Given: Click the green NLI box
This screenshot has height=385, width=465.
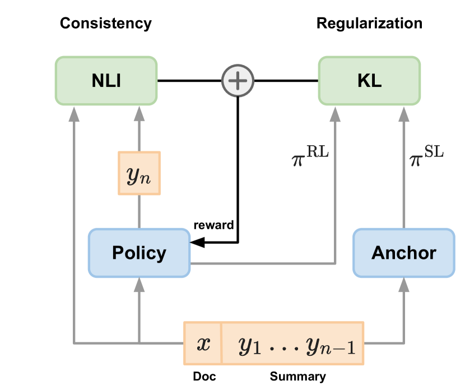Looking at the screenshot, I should [x=106, y=80].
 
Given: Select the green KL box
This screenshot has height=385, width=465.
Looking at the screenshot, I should [x=369, y=80].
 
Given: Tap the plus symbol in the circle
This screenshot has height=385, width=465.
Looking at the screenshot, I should [x=238, y=81].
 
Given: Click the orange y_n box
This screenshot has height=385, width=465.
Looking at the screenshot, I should [x=139, y=173].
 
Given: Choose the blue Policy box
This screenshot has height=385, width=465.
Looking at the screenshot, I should [x=139, y=253].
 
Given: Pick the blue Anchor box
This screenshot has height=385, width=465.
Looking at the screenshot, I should [x=403, y=253].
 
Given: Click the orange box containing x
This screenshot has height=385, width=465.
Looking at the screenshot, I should [x=203, y=343].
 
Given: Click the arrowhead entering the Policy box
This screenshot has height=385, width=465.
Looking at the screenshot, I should [x=139, y=285].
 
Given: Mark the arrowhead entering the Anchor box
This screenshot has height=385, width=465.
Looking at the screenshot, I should [x=403, y=285].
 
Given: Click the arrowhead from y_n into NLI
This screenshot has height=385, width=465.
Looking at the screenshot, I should [x=139, y=114].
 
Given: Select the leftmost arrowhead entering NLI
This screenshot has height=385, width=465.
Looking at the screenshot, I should [x=73, y=114].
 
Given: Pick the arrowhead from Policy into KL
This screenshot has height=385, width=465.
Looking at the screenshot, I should [x=335, y=114].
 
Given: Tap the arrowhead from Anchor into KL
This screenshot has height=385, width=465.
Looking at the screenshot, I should [x=403, y=114].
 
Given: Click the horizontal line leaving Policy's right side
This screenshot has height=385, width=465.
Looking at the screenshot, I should [x=263, y=263].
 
